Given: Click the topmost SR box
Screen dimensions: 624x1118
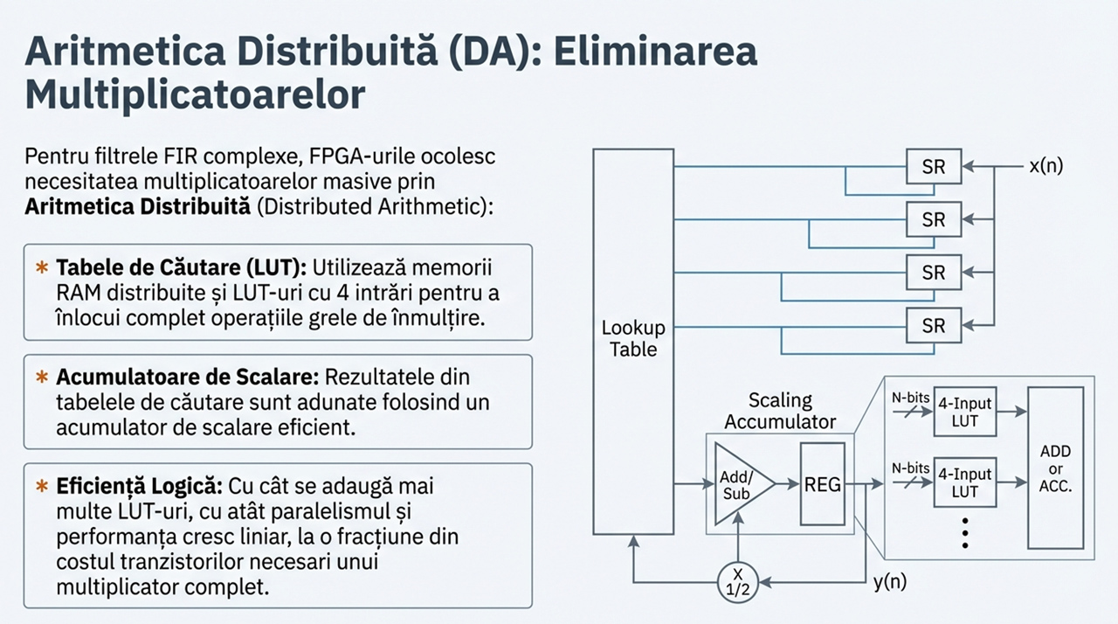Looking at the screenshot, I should click(x=934, y=166).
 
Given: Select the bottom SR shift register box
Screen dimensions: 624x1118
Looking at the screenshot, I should click(x=934, y=326).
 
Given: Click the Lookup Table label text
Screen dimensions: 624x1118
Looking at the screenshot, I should click(x=633, y=339).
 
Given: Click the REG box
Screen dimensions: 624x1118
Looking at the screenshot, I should click(x=821, y=483).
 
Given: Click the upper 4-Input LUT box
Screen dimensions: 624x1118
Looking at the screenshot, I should click(x=964, y=412).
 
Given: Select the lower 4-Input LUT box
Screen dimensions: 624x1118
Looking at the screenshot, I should click(x=964, y=482).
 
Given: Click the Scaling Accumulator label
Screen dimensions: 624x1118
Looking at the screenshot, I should click(x=780, y=411).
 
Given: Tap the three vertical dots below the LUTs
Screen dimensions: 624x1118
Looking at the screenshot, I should click(x=965, y=531).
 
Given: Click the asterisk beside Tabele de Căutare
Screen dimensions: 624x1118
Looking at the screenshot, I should click(x=41, y=266).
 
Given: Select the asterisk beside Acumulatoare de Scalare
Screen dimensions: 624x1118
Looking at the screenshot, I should click(x=41, y=378).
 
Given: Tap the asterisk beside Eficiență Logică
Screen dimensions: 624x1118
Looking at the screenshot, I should click(x=41, y=485).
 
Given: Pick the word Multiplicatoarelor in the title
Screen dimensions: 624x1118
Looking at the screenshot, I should click(x=195, y=94).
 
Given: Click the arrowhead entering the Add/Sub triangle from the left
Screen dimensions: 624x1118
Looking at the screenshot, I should click(x=709, y=483).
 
